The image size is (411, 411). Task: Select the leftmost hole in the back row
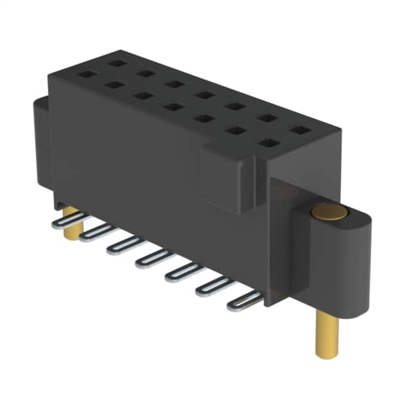[x=116, y=62]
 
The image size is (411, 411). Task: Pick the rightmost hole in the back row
[x=297, y=130]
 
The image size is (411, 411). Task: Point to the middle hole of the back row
[x=205, y=95]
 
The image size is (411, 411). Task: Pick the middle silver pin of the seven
[x=153, y=258]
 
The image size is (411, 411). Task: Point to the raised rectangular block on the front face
[x=229, y=177]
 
